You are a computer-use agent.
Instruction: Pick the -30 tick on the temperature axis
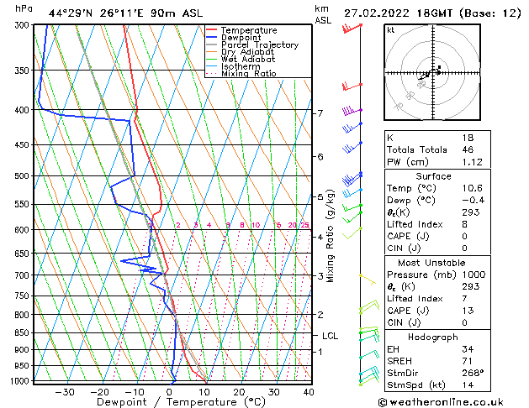click(65, 392)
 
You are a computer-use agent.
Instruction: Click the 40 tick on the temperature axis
click(309, 392)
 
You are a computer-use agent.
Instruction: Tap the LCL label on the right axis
click(331, 336)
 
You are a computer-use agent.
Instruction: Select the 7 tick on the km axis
click(320, 113)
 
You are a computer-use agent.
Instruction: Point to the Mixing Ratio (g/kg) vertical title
click(331, 235)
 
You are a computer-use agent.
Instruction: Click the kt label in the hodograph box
click(390, 29)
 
